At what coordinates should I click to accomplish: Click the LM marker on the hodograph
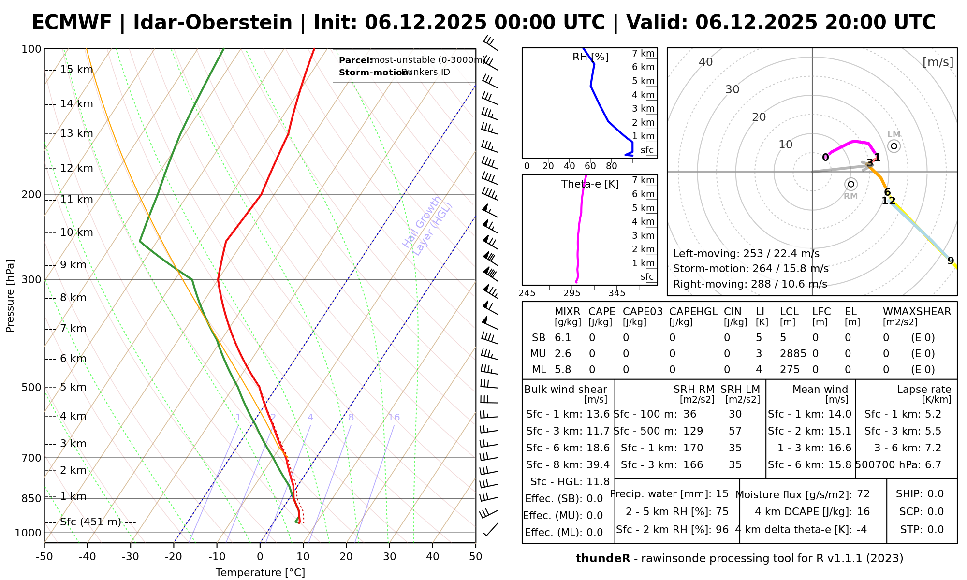click(894, 145)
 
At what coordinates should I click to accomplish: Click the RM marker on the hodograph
click(851, 184)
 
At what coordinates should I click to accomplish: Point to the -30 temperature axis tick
click(131, 557)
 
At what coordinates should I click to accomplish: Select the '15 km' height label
click(76, 70)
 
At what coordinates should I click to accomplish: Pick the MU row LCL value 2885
click(793, 354)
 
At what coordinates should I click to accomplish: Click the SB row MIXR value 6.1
click(563, 338)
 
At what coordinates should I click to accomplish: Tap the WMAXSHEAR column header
click(917, 312)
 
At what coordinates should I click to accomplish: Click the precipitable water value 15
click(722, 494)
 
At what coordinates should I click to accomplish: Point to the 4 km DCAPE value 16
click(863, 512)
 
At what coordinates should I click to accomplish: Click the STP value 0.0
click(936, 530)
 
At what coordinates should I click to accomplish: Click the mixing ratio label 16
click(394, 418)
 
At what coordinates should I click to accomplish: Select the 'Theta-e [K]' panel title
click(590, 184)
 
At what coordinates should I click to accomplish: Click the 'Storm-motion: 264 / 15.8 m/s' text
click(750, 269)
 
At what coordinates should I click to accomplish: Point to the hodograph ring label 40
click(706, 62)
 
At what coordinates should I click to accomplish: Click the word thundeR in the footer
click(603, 559)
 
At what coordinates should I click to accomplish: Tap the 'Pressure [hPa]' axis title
click(10, 296)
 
